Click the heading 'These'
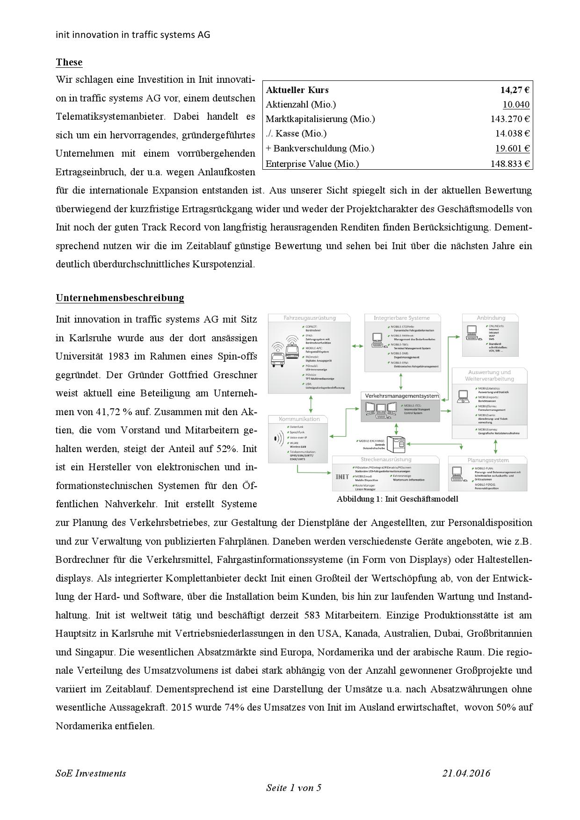[69, 62]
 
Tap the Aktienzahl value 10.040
[516, 105]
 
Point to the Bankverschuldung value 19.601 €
[513, 149]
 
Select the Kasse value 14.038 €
[513, 134]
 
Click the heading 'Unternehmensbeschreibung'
[120, 298]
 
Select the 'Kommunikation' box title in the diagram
[299, 419]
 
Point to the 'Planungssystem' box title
[488, 460]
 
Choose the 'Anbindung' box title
[491, 318]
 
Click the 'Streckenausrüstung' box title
[386, 460]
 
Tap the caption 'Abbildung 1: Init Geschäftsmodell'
[397, 499]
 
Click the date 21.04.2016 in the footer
[466, 773]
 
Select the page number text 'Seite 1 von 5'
[294, 788]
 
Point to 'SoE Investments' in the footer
[91, 773]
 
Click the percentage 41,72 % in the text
[116, 412]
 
